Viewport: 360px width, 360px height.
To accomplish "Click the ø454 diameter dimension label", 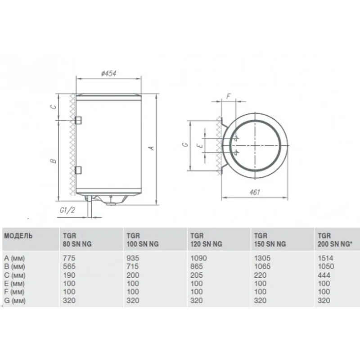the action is pyautogui.click(x=108, y=73).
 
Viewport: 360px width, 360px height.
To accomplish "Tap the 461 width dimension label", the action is pyautogui.click(x=255, y=192).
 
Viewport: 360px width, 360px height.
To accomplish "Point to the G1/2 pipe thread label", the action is pyautogui.click(x=67, y=210).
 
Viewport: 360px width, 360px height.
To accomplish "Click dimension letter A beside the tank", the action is pyautogui.click(x=151, y=148).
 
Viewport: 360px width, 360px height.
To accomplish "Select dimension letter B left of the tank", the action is pyautogui.click(x=53, y=161).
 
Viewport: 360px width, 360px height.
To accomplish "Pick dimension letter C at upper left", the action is pyautogui.click(x=53, y=107).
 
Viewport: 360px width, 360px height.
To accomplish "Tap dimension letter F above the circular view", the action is pyautogui.click(x=229, y=96).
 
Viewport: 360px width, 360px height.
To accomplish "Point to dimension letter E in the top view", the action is pyautogui.click(x=200, y=145).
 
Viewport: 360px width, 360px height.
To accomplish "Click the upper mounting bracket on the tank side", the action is pyautogui.click(x=78, y=120).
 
